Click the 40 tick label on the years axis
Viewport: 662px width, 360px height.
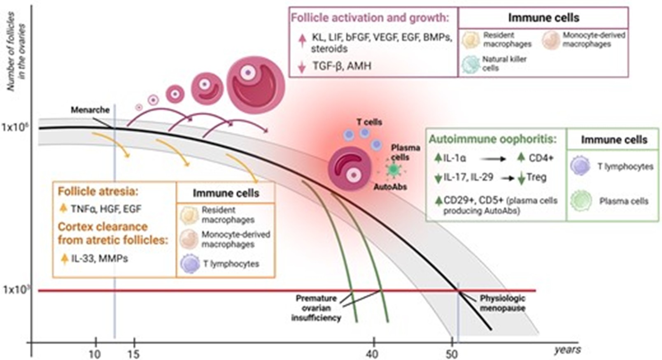pos(373,353)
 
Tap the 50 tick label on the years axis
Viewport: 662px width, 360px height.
pos(452,353)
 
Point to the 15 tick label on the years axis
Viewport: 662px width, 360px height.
pos(134,353)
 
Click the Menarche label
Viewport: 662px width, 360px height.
pos(90,110)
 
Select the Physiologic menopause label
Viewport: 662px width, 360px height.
pos(503,303)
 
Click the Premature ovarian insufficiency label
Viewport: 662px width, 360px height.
pos(316,308)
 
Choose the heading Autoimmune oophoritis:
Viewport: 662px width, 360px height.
pos(492,139)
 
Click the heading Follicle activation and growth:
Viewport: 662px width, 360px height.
pos(370,18)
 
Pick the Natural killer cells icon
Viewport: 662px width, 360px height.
pos(471,64)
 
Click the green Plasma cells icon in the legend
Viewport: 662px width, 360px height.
pos(581,201)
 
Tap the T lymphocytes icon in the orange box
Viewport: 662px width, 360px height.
pos(190,264)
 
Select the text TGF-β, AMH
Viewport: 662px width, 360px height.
pos(342,66)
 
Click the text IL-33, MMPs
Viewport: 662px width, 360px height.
pos(99,259)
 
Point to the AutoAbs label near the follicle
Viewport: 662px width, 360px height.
pos(390,187)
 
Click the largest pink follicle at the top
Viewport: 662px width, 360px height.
pos(256,85)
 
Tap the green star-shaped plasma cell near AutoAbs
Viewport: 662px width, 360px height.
pos(394,169)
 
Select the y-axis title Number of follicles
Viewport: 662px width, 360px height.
pos(11,51)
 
